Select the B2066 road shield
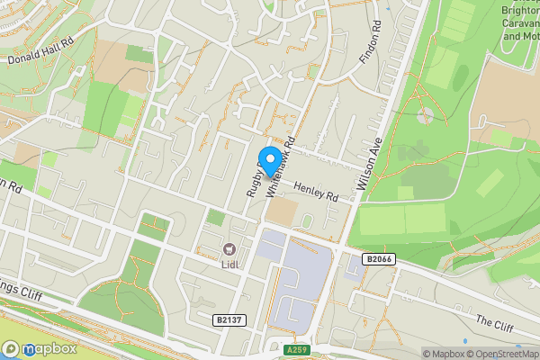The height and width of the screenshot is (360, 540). pos(380,259)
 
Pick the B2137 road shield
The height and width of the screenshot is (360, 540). pos(230,319)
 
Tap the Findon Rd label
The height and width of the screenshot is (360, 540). pos(371,43)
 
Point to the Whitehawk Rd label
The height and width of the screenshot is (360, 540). pos(282,162)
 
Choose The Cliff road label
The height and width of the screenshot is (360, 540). pos(494,321)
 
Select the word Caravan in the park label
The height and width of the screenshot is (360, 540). pos(520,23)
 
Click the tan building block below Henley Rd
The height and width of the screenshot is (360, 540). pos(282,212)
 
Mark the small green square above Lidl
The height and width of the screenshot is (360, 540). pos(214,217)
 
